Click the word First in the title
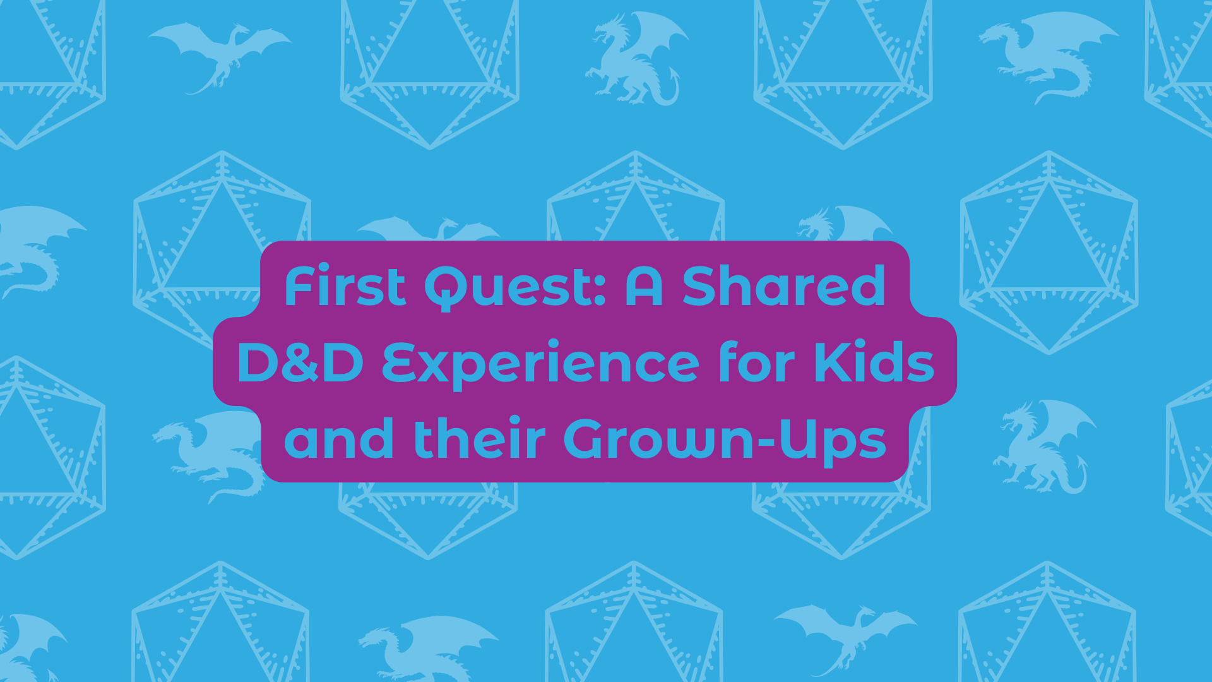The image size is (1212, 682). point(345,287)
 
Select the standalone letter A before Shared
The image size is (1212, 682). point(644,287)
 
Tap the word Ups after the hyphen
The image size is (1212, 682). point(833,440)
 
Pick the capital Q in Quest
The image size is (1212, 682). point(449,288)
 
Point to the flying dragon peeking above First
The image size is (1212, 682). point(429,229)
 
